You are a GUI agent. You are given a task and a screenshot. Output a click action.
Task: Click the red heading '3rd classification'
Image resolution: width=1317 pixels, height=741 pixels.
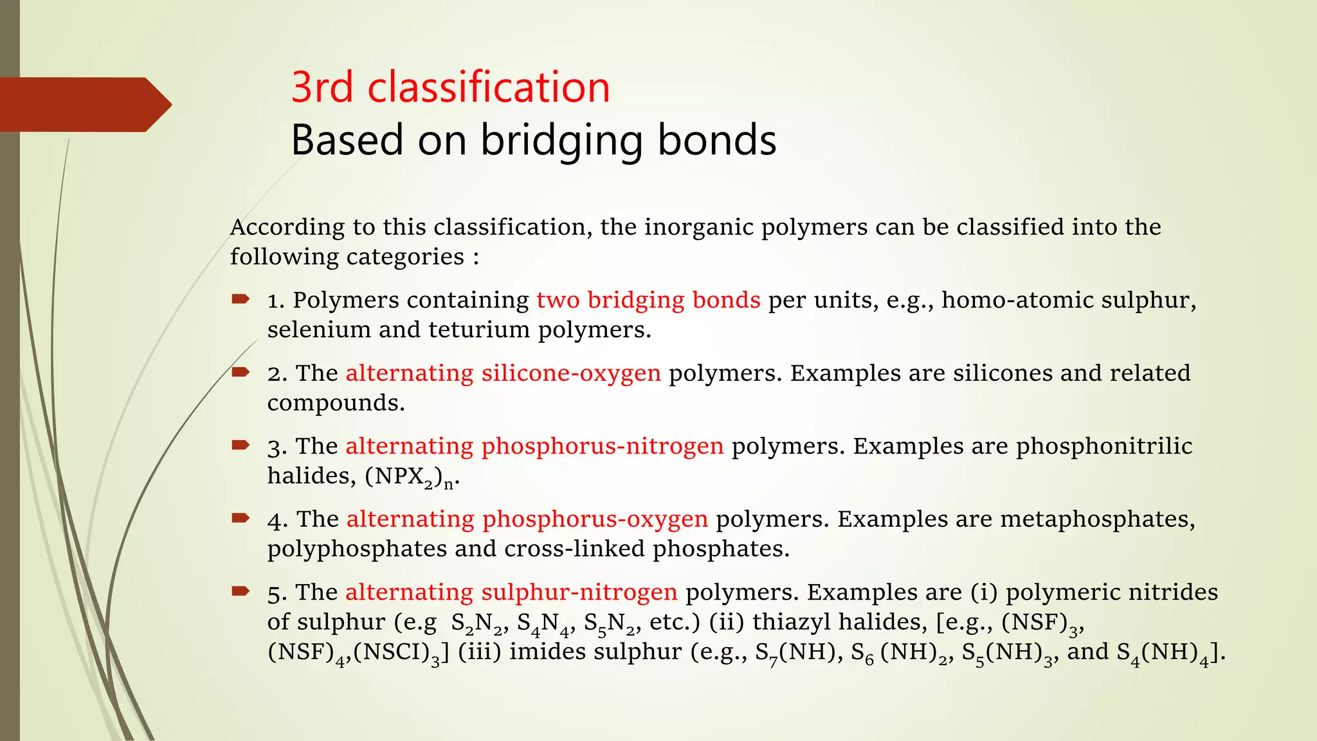pyautogui.click(x=450, y=87)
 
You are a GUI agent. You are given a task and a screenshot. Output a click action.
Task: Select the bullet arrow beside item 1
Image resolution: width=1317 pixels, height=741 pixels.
pyautogui.click(x=241, y=299)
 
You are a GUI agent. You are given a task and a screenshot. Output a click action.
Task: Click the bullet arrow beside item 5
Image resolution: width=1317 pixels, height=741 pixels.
pyautogui.click(x=241, y=591)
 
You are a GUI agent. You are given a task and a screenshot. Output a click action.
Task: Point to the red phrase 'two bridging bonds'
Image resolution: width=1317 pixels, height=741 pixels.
pyautogui.click(x=648, y=300)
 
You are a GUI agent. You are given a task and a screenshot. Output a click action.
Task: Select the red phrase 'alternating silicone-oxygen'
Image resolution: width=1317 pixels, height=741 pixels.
pyautogui.click(x=503, y=373)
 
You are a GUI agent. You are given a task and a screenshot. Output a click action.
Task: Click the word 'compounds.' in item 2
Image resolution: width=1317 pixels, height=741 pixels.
pyautogui.click(x=336, y=403)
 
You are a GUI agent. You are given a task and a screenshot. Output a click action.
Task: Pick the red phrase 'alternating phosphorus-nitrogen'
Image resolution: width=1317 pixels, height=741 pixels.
pyautogui.click(x=534, y=446)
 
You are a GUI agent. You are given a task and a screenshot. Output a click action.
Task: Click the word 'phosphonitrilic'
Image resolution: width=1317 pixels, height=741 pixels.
pyautogui.click(x=1104, y=446)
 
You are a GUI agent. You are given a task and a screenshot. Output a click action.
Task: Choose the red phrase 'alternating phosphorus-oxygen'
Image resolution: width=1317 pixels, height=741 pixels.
pyautogui.click(x=527, y=519)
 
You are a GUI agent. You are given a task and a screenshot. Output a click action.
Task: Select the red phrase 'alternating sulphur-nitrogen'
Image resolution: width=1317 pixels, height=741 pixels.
pyautogui.click(x=511, y=592)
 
